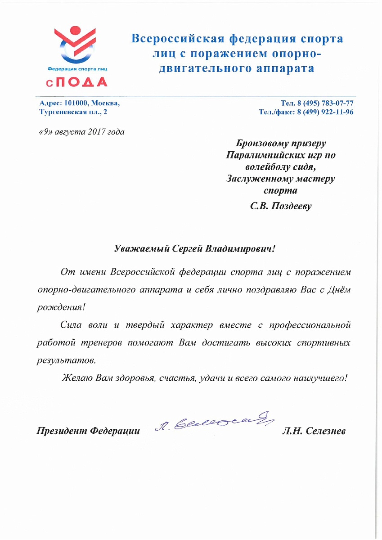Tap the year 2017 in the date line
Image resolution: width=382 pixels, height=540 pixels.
96,132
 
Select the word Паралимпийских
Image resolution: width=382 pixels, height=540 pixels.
262,156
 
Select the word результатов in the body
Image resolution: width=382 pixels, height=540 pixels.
65,360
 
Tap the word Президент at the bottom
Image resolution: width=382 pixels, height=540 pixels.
62,431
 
